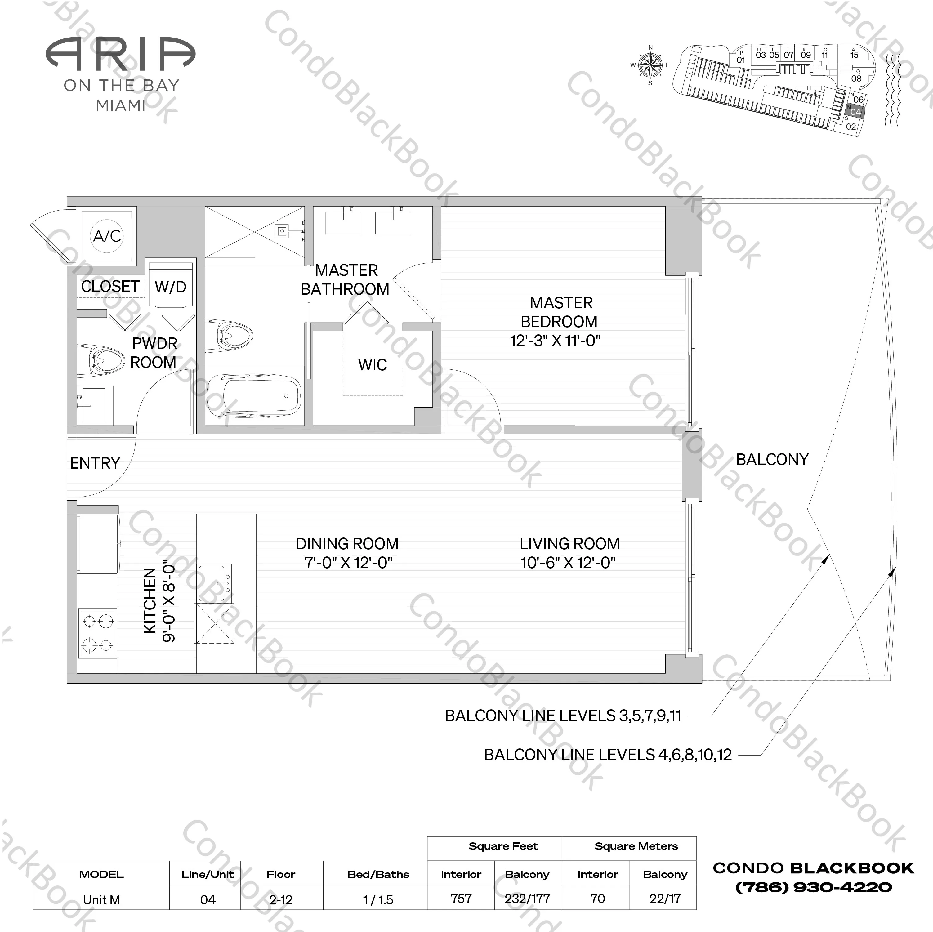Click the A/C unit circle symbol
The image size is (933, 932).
coord(107,236)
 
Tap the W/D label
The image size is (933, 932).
coord(171,287)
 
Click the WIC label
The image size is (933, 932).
coord(372,365)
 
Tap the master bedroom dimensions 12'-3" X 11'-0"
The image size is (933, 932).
coord(555,341)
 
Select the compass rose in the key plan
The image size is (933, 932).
coord(650,65)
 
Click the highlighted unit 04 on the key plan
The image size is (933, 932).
coord(855,112)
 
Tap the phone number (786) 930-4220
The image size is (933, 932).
coord(813,887)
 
